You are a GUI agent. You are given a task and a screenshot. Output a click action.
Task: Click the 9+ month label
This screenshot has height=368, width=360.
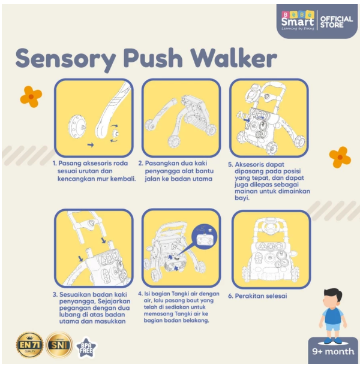point(332,352)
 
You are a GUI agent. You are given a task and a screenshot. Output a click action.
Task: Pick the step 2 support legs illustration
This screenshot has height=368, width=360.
point(179,117)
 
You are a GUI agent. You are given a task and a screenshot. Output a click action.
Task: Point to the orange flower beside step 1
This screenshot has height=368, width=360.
point(31,96)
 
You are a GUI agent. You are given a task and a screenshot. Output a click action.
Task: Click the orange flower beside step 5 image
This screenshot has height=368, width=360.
point(340,156)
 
